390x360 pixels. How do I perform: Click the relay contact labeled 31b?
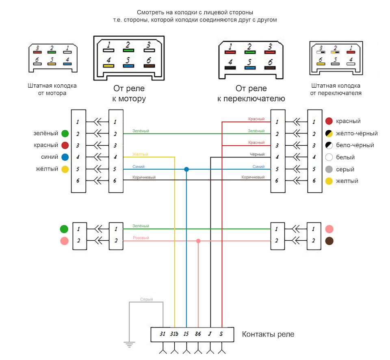pyautogui.click(x=174, y=334)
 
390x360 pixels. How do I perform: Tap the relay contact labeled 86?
pyautogui.click(x=198, y=334)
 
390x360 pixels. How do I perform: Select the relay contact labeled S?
pyautogui.click(x=221, y=334)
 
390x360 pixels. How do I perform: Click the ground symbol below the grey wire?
pyautogui.click(x=129, y=345)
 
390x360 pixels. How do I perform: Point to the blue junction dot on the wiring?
pyautogui.click(x=186, y=169)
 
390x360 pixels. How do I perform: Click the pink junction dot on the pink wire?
pyautogui.click(x=198, y=241)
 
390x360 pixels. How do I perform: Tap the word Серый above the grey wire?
pyautogui.click(x=147, y=300)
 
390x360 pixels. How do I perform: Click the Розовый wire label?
pyautogui.click(x=141, y=238)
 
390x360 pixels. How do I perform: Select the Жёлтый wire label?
pyautogui.click(x=140, y=154)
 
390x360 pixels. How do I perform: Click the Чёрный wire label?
pyautogui.click(x=257, y=154)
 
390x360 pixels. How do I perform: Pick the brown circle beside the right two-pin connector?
pyautogui.click(x=329, y=241)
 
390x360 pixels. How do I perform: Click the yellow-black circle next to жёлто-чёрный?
pyautogui.click(x=329, y=134)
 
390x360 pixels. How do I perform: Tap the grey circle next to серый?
pyautogui.click(x=329, y=169)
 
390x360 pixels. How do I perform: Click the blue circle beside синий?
pyautogui.click(x=65, y=157)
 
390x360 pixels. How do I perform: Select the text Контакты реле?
pyautogui.click(x=268, y=334)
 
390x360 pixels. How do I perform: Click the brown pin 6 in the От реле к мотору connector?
pyautogui.click(x=149, y=66)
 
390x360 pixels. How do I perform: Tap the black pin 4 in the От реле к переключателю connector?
pyautogui.click(x=230, y=68)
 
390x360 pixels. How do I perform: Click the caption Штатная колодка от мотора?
pyautogui.click(x=52, y=89)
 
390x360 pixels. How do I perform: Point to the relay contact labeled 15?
pyautogui.click(x=186, y=334)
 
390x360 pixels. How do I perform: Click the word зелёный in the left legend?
pyautogui.click(x=46, y=133)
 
